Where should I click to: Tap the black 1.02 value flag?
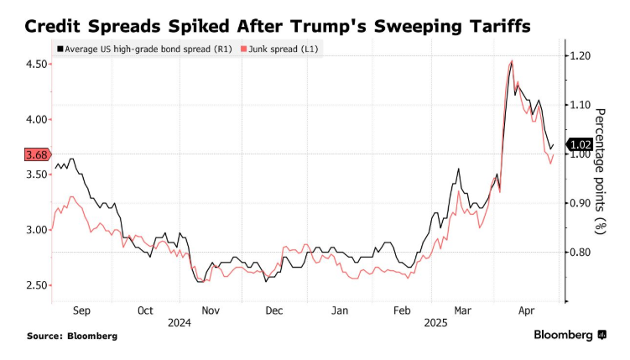click(x=581, y=144)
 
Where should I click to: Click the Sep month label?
click(x=81, y=310)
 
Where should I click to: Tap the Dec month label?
click(x=274, y=310)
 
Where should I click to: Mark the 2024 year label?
click(x=180, y=322)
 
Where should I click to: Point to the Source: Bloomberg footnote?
click(x=72, y=336)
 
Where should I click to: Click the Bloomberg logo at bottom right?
click(x=570, y=335)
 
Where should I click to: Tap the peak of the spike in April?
click(x=512, y=61)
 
